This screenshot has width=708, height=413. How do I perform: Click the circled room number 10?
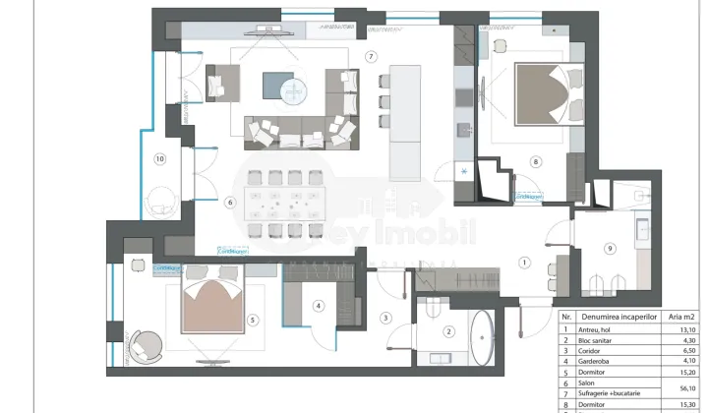coord(159,157)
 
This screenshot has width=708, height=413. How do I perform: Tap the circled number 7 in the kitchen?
coord(371,57)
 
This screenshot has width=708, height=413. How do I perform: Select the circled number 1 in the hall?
coord(524,263)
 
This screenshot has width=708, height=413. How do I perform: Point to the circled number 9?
coord(610,249)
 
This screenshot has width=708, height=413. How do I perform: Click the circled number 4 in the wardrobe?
coord(319,306)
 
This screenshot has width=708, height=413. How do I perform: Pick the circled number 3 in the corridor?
coord(385,318)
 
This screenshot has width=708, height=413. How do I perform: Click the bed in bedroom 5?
coord(217,305)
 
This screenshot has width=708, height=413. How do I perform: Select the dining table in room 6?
coord(285,205)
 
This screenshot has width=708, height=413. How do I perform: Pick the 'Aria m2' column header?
coord(683,317)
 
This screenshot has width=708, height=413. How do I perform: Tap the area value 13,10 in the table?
coord(683,329)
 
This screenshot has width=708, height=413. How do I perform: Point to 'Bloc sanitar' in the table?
coord(602,340)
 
